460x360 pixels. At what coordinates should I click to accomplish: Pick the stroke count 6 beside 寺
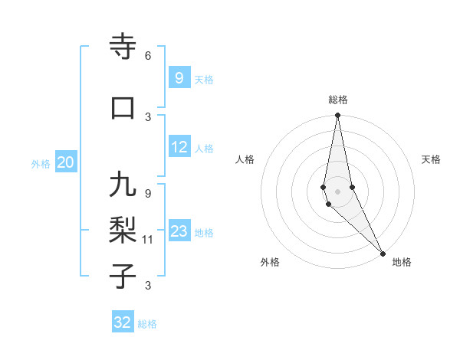[147, 56]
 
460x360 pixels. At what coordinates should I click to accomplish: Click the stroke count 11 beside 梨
[148, 240]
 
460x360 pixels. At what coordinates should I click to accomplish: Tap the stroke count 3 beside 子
[147, 286]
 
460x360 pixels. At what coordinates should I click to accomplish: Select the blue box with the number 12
[179, 148]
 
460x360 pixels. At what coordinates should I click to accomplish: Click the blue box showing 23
[179, 232]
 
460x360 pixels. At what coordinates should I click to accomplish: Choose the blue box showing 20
[66, 162]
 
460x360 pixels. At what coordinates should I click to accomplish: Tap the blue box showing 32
[123, 322]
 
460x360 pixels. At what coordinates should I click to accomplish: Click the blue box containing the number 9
[179, 78]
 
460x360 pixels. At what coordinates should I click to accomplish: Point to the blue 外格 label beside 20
[41, 163]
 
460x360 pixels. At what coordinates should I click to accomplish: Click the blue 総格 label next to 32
[147, 324]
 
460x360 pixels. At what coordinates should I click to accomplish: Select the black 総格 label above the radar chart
[338, 100]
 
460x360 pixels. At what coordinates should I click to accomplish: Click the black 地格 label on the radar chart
[402, 262]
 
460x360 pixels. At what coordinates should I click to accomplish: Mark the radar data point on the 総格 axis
[337, 116]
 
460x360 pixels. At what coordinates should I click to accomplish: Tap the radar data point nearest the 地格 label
[383, 253]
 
